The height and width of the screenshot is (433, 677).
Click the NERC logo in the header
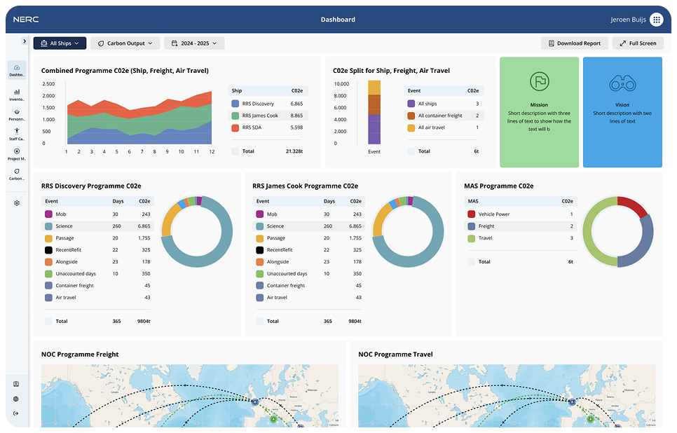[27, 20]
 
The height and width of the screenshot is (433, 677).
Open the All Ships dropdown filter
[60, 43]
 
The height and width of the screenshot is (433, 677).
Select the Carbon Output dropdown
[125, 43]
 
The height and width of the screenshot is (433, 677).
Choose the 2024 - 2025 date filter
[194, 43]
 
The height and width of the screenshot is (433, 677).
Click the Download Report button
[574, 43]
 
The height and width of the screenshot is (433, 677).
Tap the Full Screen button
[638, 43]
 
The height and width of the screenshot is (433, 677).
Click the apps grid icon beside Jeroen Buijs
[657, 20]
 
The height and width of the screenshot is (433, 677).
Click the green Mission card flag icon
[539, 81]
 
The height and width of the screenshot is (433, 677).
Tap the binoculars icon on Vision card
[622, 83]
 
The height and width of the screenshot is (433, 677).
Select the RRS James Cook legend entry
[259, 116]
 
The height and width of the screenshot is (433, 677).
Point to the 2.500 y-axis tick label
[48, 83]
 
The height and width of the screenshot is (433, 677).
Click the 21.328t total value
[294, 151]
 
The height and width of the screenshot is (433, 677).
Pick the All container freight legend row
[439, 116]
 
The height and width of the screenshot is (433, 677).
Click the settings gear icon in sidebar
[17, 203]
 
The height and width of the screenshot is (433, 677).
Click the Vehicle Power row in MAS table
[493, 214]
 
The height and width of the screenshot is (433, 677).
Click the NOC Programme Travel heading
[395, 355]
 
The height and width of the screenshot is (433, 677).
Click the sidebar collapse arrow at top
[25, 41]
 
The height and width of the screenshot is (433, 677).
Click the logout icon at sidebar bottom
[16, 413]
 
